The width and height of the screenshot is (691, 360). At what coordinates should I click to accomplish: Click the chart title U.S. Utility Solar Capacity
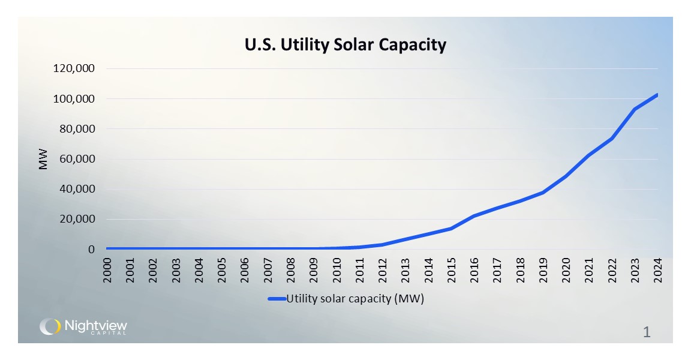tap(345, 45)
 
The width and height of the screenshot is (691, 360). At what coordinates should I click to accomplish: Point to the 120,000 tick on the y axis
tap(74, 68)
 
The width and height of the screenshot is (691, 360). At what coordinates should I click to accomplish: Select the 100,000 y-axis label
tap(74, 98)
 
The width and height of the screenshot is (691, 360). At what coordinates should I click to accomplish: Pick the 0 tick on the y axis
tap(91, 249)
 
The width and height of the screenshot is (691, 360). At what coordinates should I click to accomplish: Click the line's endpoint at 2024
tap(657, 95)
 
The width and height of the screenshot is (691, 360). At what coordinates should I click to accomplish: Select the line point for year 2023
tap(635, 109)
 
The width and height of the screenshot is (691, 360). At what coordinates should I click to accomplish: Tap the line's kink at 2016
tap(474, 215)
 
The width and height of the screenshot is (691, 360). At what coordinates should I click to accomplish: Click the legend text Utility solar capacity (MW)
tap(355, 299)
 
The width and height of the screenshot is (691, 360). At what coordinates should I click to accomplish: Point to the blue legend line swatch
tap(277, 299)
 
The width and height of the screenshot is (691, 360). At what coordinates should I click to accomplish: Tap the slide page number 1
tap(647, 331)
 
